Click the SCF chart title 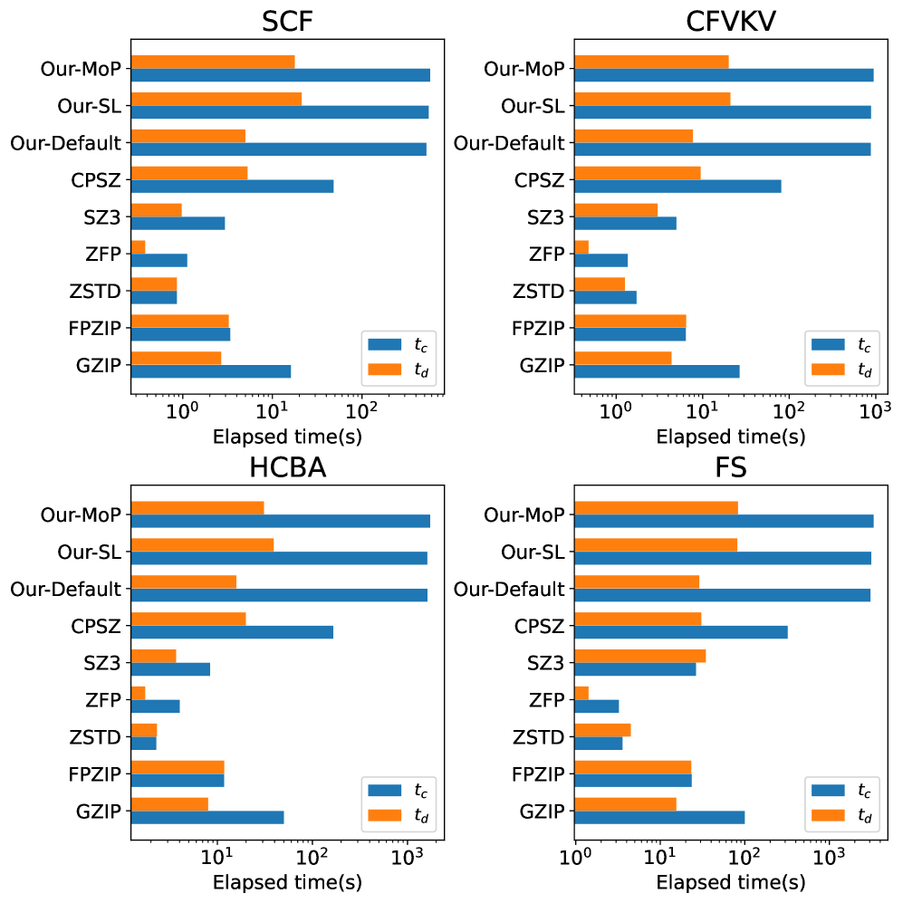287,19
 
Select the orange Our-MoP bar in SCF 213,62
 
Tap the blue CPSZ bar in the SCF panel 232,186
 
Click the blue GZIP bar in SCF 211,370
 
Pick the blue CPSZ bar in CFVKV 677,186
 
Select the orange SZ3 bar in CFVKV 616,210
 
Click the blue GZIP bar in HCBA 207,816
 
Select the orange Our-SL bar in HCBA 202,544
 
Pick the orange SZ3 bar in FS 640,656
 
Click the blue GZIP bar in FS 659,816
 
